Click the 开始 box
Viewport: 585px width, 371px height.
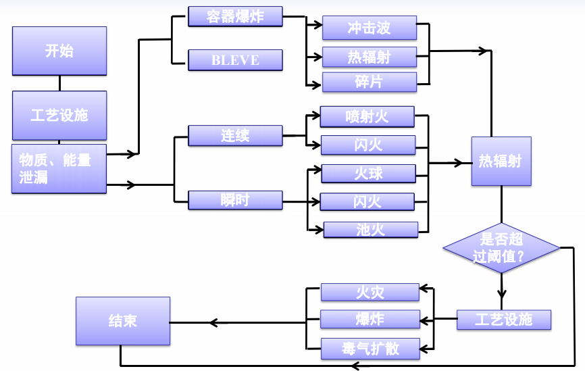59,51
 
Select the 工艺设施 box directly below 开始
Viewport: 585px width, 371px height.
59,115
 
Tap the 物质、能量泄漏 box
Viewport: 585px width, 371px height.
59,168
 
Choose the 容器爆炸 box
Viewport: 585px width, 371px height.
235,17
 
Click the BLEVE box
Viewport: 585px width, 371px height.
235,60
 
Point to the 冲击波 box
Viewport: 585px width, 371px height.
369,28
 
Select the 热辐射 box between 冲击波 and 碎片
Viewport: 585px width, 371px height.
369,55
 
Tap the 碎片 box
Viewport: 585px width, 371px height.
369,82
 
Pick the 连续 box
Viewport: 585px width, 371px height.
235,135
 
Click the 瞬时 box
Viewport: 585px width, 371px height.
235,201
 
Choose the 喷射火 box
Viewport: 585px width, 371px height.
367,117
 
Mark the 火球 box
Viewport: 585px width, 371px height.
368,174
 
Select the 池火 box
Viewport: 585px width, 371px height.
370,229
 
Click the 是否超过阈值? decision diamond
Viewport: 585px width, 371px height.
501,248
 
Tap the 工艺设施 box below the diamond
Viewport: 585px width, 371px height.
504,320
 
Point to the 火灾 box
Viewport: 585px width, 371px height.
370,292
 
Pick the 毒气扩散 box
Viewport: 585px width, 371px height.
370,348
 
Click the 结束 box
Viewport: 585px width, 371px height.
122,320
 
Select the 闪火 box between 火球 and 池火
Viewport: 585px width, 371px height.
368,201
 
